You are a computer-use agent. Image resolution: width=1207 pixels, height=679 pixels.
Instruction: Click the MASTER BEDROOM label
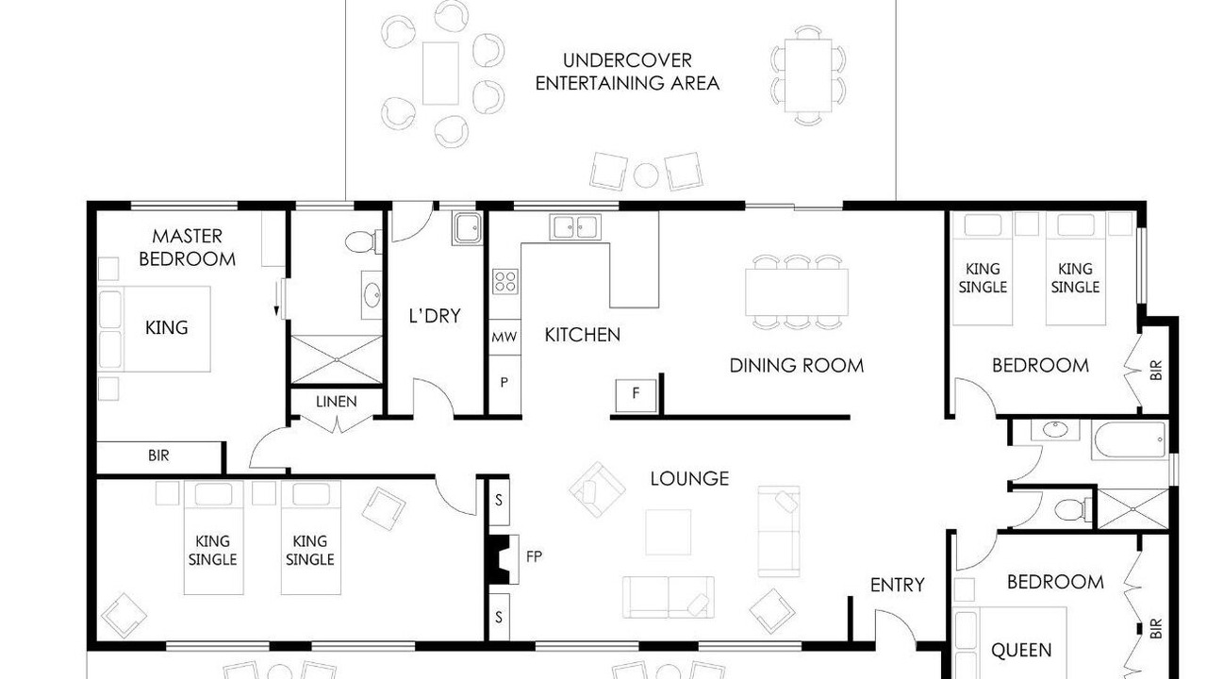[x=187, y=247]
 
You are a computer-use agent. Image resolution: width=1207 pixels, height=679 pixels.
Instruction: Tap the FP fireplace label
[x=534, y=556]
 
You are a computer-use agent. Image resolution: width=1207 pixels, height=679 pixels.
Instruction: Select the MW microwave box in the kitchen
[x=504, y=337]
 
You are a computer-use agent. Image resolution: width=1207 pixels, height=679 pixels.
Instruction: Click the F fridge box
[x=637, y=395]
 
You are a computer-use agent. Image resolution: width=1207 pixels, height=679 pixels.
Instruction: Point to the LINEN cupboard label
[x=337, y=402]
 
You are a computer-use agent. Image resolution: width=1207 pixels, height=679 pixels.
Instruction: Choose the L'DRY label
[x=435, y=316]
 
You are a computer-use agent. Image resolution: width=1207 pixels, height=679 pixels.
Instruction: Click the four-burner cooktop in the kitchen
[x=504, y=282]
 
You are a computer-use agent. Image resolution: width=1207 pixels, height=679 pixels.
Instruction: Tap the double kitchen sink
[x=575, y=227]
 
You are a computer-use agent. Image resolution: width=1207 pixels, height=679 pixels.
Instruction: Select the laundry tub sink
[x=467, y=228]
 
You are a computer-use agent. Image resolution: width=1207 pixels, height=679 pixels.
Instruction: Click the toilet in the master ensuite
[x=364, y=242]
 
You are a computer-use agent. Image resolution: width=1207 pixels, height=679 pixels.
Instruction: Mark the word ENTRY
[x=897, y=585]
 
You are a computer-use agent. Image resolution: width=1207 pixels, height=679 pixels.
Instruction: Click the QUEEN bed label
[x=1021, y=651]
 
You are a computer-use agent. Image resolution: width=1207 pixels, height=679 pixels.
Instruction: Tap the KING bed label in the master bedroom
[x=167, y=327]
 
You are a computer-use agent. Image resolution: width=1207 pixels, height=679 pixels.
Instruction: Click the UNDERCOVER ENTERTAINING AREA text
[x=627, y=72]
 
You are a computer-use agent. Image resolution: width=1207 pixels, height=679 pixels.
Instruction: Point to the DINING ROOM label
[x=797, y=366]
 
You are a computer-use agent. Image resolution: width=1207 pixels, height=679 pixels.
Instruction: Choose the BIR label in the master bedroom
[x=158, y=455]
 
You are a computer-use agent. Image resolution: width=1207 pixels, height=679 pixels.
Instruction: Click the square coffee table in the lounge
[x=669, y=532]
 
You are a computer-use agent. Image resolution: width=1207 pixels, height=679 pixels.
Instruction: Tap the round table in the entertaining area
[x=646, y=175]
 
